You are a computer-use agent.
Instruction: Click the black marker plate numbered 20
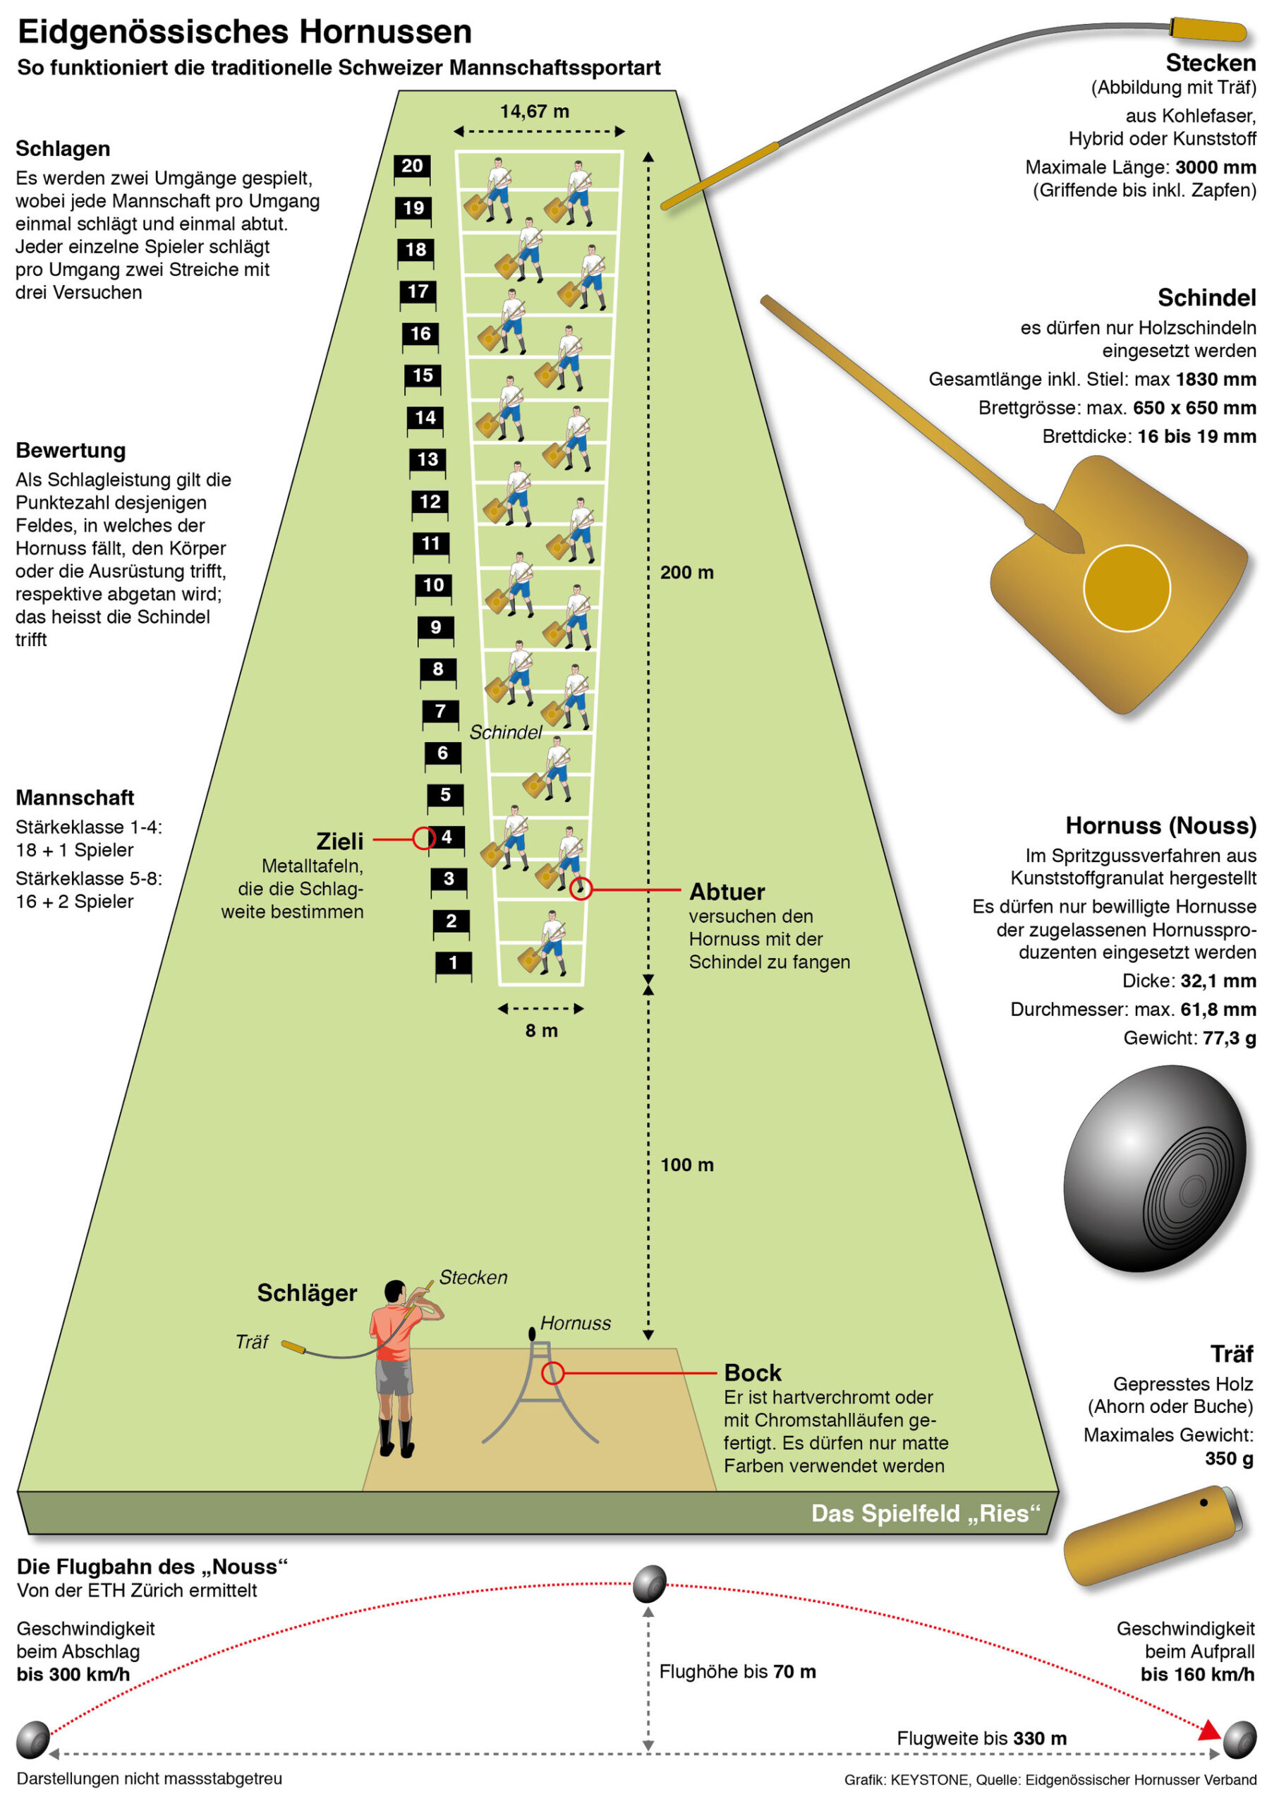[412, 166]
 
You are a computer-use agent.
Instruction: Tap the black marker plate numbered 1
[453, 962]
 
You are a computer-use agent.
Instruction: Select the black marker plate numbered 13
[428, 460]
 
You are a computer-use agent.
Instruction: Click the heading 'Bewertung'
[71, 451]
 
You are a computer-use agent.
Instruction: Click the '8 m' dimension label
[542, 1030]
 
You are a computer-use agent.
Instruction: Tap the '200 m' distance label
[686, 573]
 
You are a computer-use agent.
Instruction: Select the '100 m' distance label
[686, 1165]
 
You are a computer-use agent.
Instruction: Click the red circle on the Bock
[553, 1373]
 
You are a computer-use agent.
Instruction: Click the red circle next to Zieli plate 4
[424, 838]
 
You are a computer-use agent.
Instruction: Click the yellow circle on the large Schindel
[1126, 588]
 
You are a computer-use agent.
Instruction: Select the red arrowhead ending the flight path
[1209, 1731]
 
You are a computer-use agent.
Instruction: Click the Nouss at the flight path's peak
[650, 1583]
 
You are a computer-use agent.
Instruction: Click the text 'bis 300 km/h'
[73, 1673]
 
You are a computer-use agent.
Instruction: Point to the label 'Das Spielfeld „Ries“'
[926, 1513]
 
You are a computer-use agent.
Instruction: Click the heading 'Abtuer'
[727, 892]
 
